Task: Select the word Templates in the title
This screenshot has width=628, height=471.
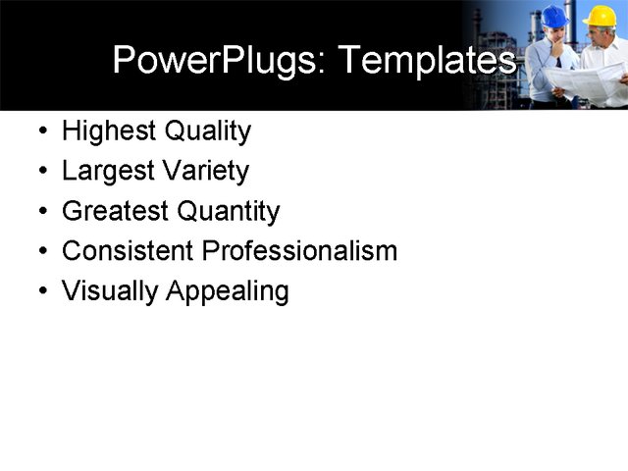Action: point(427,61)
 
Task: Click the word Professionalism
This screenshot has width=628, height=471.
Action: point(299,251)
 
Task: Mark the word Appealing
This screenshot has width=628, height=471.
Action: point(228,292)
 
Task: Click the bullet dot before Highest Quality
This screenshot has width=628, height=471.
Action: point(41,132)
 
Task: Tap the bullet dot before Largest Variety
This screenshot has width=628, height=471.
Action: point(41,173)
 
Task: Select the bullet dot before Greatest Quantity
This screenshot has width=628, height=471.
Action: point(41,212)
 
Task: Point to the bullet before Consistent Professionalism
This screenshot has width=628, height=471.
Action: point(41,252)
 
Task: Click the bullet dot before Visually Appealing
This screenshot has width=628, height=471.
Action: point(41,292)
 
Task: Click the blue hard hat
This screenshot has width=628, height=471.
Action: point(554,16)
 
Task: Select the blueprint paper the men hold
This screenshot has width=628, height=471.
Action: point(583,83)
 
